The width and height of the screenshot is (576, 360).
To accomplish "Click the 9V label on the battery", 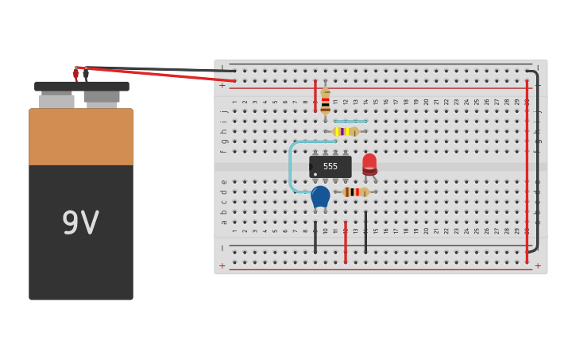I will click(x=80, y=223).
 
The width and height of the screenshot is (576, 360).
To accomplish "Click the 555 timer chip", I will click(x=330, y=166).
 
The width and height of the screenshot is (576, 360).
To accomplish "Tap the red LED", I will click(x=369, y=164).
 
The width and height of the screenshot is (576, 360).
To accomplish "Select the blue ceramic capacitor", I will click(x=320, y=195).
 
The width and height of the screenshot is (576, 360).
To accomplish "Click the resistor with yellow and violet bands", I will click(x=346, y=131).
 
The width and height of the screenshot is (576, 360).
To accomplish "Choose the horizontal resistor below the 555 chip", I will click(x=355, y=192).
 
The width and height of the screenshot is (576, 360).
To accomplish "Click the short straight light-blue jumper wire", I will click(x=350, y=122).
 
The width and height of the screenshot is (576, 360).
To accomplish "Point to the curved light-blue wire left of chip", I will click(x=292, y=167).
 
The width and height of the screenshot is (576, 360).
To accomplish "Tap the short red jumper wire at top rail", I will click(x=315, y=95).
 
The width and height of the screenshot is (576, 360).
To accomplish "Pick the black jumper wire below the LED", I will click(x=365, y=232).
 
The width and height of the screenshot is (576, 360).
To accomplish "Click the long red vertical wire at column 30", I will click(x=526, y=171).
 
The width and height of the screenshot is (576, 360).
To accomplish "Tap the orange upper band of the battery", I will click(x=80, y=137).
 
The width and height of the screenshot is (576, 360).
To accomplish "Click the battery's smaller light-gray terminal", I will click(x=56, y=101).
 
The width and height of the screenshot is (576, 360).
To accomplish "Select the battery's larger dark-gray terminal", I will click(x=102, y=97).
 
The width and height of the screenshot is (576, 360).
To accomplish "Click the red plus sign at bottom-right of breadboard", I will click(x=538, y=265).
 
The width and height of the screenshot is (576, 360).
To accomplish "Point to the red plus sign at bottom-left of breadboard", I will click(x=222, y=265).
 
